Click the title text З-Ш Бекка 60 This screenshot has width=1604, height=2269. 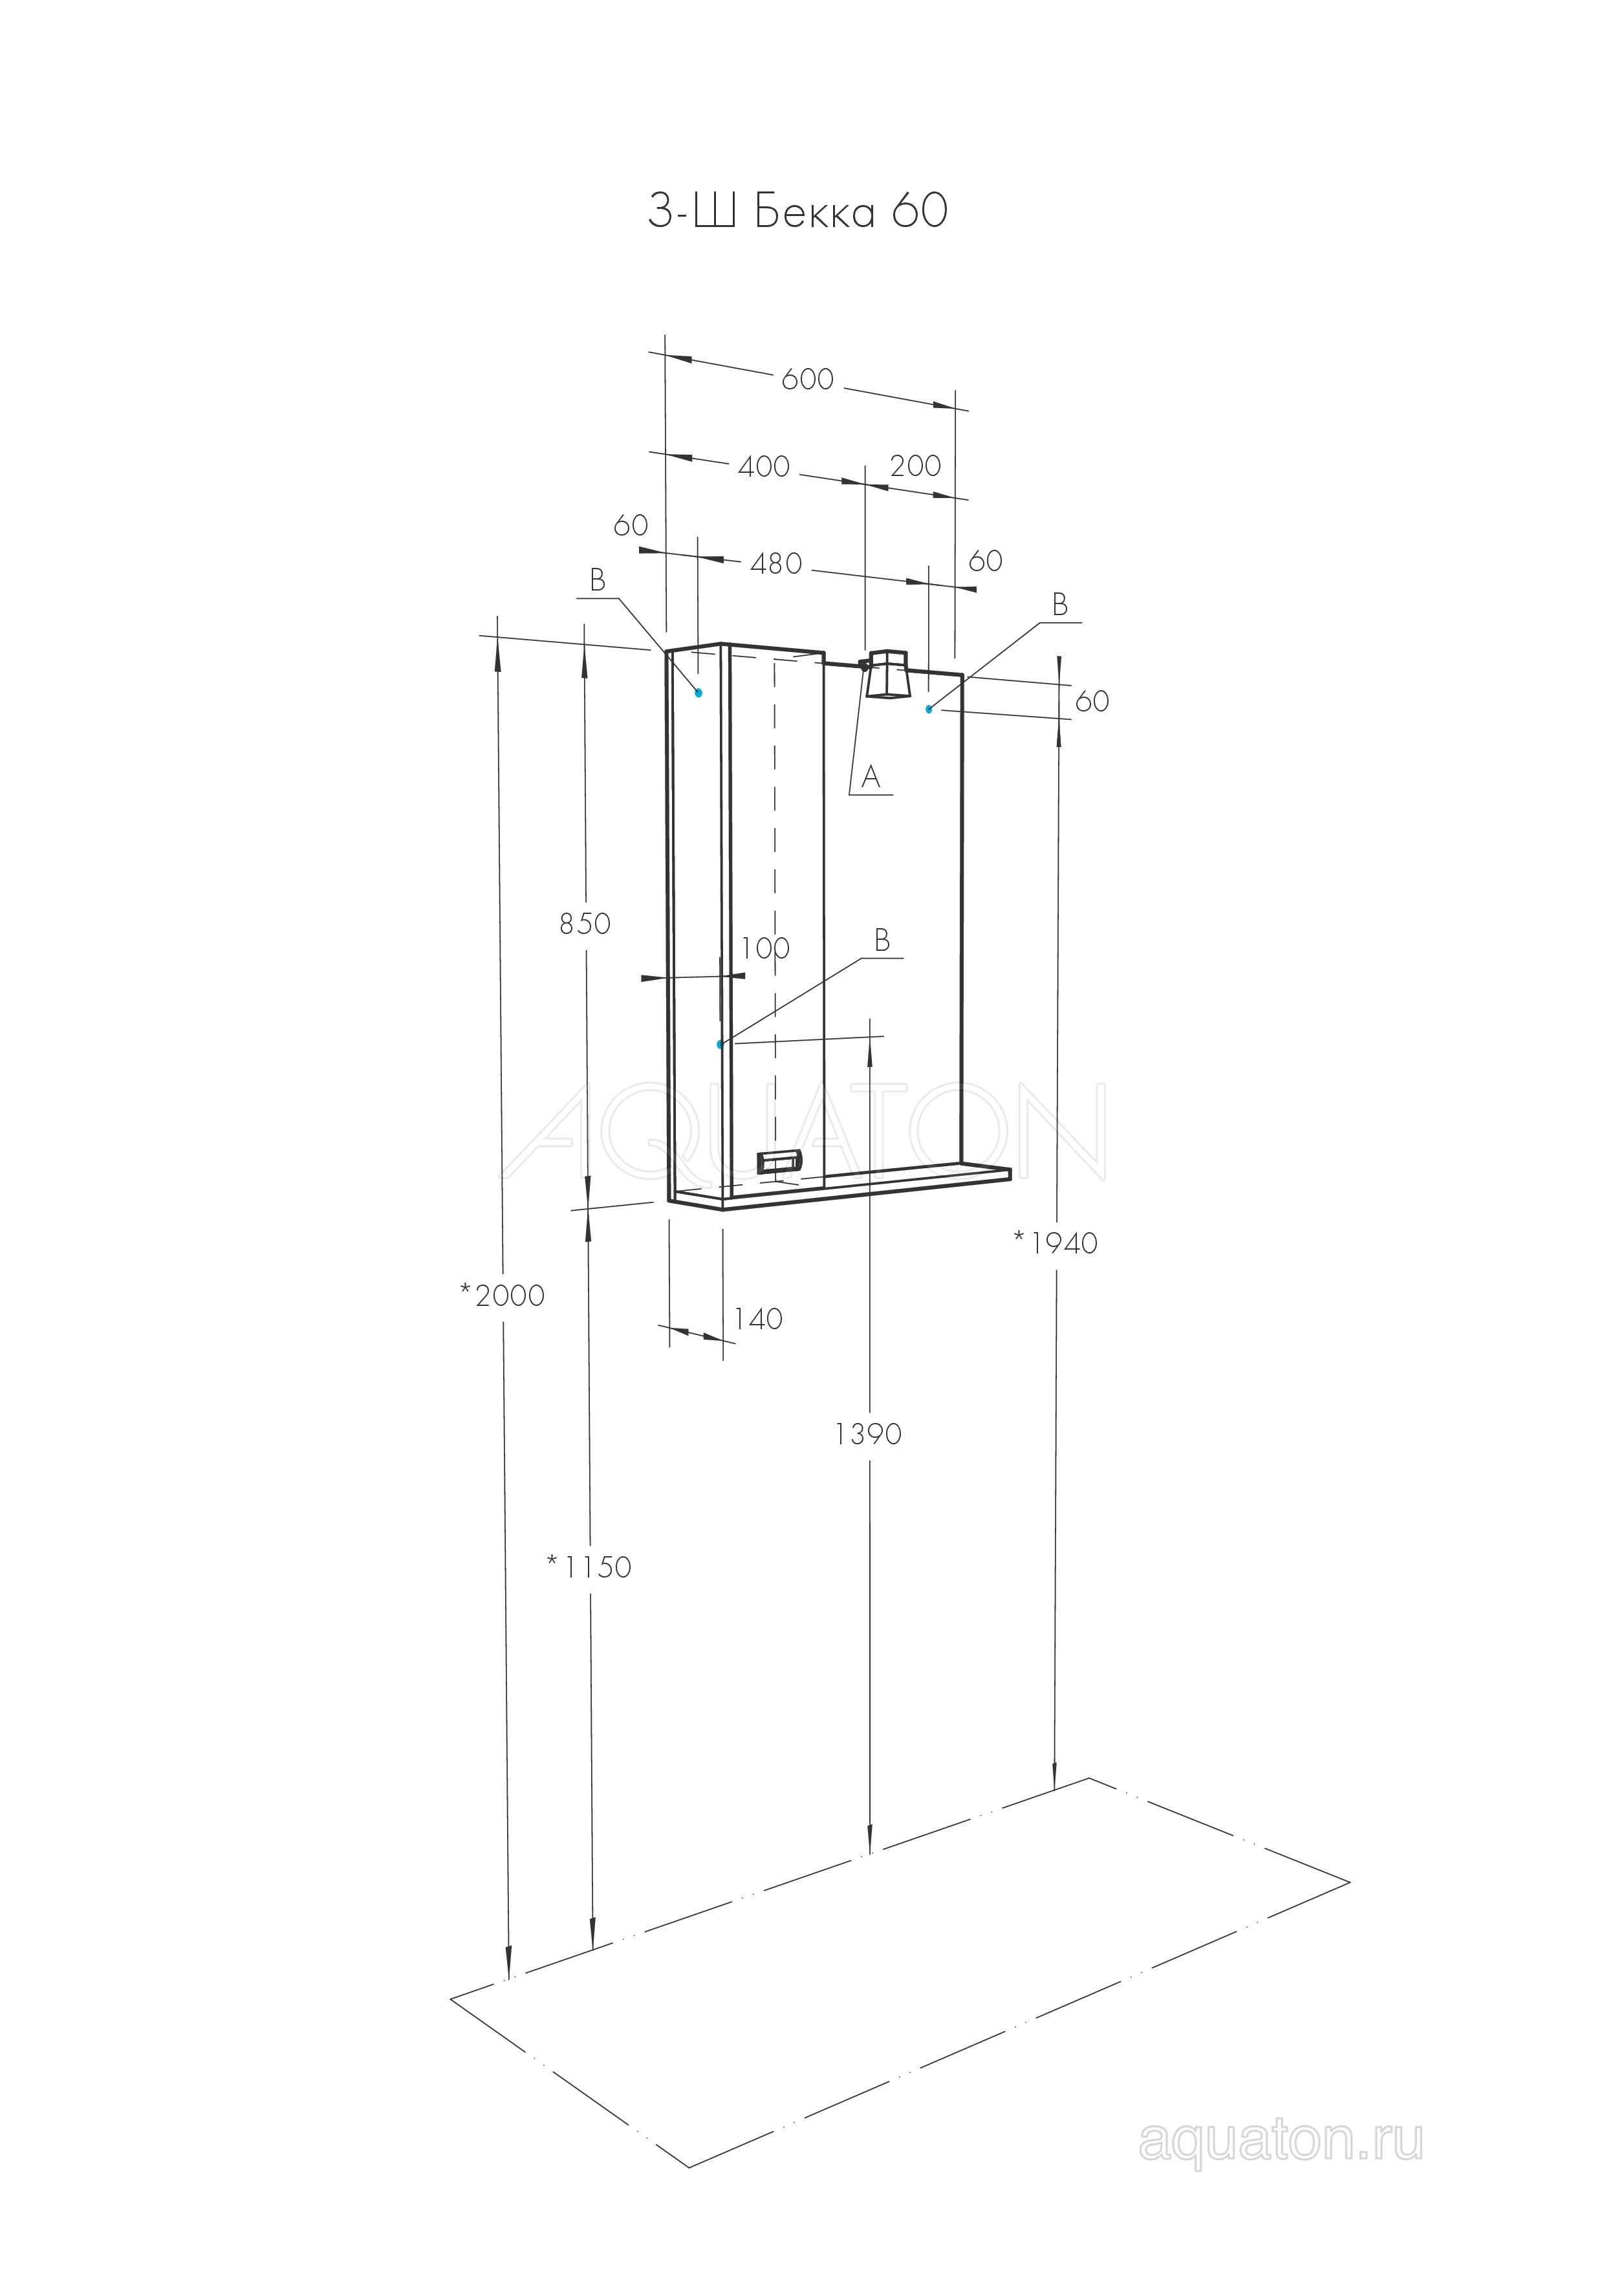pos(797,210)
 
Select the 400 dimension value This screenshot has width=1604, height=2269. pos(764,466)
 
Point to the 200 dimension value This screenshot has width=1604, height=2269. pos(915,466)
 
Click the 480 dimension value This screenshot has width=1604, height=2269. pos(776,564)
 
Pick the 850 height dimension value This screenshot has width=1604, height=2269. pos(585,924)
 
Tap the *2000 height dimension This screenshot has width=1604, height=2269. pos(502,1295)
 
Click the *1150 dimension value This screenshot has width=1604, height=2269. pos(588,1567)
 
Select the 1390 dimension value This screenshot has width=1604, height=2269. pos(868,1434)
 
